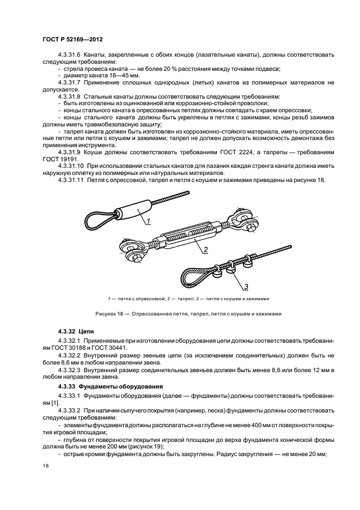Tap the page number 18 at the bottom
click(44, 465)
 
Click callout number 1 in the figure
click(147, 221)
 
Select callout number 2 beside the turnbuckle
click(206, 250)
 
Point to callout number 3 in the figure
click(246, 286)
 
